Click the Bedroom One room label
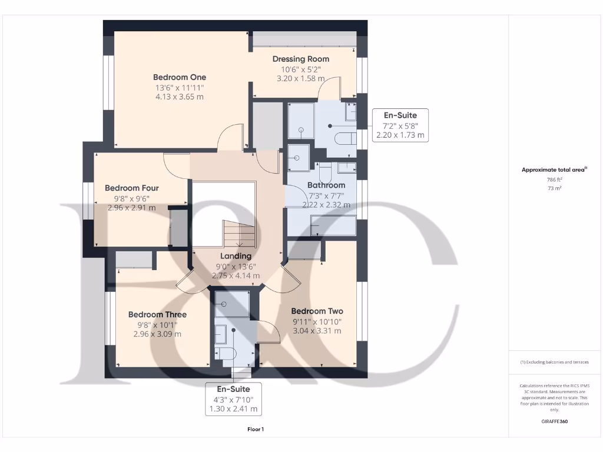(x=180, y=77)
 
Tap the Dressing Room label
(x=300, y=59)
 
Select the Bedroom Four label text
(x=132, y=188)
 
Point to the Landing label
(x=236, y=256)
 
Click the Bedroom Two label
(x=317, y=311)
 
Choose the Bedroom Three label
(x=157, y=314)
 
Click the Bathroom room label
(x=326, y=185)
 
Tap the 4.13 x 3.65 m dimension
(x=180, y=97)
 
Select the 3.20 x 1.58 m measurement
(x=300, y=78)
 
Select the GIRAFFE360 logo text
(x=554, y=421)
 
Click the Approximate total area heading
(x=554, y=169)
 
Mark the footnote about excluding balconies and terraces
(x=554, y=362)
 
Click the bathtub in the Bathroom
(x=333, y=226)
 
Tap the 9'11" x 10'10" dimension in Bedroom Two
(x=317, y=321)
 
